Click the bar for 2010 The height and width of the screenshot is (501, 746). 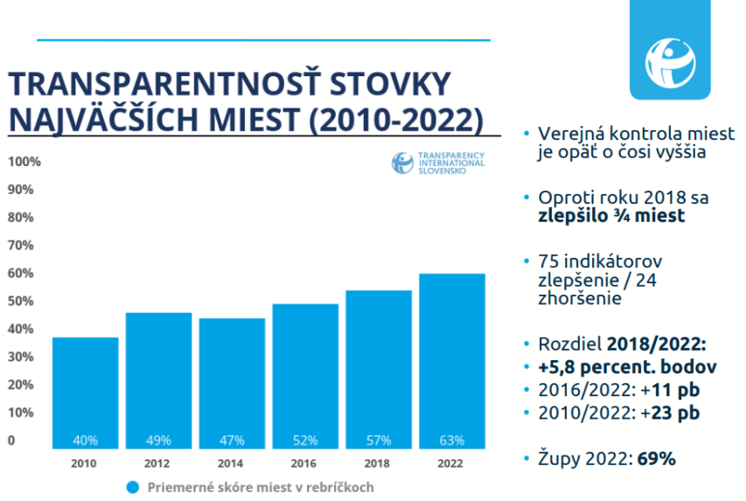(86, 393)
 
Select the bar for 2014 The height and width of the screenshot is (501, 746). (232, 385)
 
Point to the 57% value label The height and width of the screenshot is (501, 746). (379, 440)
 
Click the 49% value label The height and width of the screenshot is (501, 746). (159, 440)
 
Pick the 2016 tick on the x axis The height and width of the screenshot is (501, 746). (305, 463)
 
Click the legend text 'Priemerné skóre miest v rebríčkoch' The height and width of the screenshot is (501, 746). (260, 487)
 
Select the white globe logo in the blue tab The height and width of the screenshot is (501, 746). (670, 59)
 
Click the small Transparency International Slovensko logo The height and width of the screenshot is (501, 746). (438, 162)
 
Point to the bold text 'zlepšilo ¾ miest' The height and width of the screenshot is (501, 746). (611, 217)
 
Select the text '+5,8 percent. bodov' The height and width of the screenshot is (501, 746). (625, 366)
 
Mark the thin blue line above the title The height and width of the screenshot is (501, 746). (262, 39)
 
